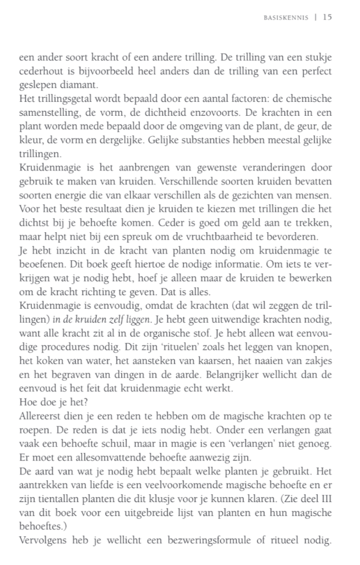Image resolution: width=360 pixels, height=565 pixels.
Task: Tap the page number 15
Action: pos(327,17)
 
